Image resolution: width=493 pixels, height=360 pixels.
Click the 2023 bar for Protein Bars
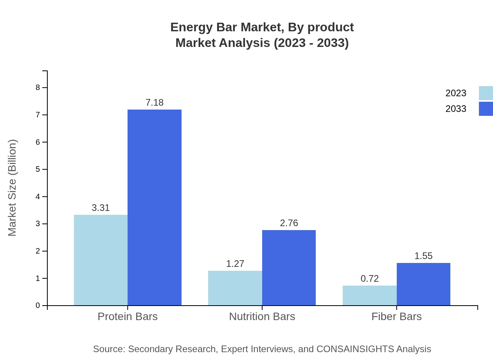pos(101,260)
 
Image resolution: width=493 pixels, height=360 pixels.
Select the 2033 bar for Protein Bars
pos(155,207)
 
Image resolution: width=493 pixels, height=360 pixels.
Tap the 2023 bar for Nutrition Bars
pos(235,288)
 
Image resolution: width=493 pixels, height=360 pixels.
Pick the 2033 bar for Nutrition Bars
pos(289,268)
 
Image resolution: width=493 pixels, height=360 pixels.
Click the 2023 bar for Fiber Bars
pos(370,295)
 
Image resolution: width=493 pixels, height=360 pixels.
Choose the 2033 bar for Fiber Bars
pos(423,284)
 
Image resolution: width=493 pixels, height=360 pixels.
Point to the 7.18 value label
pos(155,103)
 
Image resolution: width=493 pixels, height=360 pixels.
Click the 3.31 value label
pos(101,208)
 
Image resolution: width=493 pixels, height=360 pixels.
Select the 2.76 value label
pos(289,223)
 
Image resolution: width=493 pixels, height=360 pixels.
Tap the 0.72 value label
pos(370,279)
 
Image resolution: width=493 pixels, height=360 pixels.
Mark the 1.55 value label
pos(423,256)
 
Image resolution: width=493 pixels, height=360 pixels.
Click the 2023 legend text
pos(456,93)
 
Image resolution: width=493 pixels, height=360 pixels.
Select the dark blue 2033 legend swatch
pos(486,109)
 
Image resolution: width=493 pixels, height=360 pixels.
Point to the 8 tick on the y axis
pos(38,87)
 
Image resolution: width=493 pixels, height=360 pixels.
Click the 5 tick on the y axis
pos(38,169)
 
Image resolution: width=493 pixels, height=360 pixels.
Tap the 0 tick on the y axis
pos(38,306)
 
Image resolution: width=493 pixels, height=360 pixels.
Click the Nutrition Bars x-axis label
pos(262,316)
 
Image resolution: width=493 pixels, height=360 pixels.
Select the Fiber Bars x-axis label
pos(396,316)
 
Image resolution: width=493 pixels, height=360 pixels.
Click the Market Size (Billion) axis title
pos(12,188)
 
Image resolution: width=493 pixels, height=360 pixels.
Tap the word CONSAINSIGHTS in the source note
pos(355,349)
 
